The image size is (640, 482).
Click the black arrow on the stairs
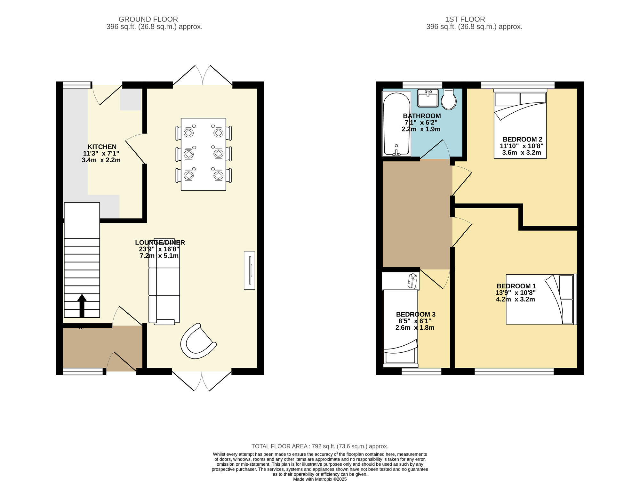click(82, 305)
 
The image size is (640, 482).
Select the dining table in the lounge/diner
click(204, 154)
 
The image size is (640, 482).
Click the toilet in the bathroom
click(449, 100)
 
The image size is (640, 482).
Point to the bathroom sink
click(428, 98)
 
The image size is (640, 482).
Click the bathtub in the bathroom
click(396, 124)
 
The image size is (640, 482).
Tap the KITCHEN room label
click(102, 147)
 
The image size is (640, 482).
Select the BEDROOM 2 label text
click(522, 139)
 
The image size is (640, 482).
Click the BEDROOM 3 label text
click(416, 314)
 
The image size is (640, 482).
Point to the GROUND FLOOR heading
click(148, 19)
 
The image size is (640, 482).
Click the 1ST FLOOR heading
click(465, 19)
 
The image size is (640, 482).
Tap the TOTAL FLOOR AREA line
click(320, 446)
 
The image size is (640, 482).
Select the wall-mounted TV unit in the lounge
click(249, 270)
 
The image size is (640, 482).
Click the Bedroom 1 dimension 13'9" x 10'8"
click(515, 293)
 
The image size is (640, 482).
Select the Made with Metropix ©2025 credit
click(320, 479)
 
